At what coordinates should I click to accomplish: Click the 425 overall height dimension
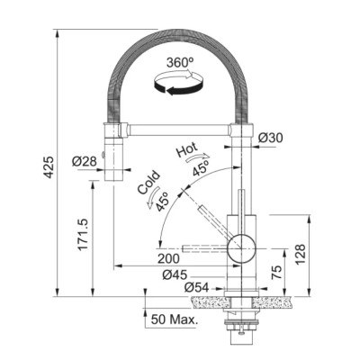49,166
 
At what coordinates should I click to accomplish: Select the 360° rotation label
180,63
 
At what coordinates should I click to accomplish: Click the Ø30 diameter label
270,138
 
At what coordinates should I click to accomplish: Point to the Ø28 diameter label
85,162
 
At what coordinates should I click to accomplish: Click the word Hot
187,149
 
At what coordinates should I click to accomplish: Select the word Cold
148,182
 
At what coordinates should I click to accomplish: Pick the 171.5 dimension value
82,234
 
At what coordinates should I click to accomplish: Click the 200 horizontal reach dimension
168,258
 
